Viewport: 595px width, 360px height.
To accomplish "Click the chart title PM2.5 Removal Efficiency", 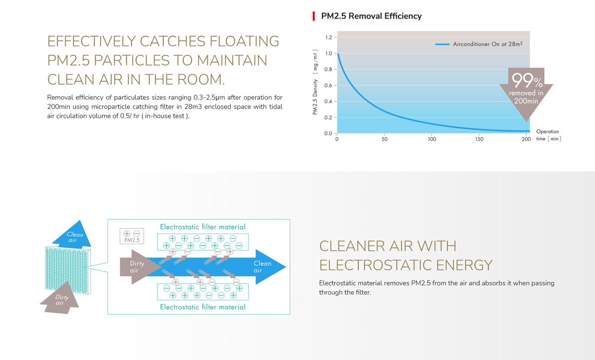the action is point(371,16).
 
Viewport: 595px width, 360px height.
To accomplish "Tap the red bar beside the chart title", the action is point(314,16).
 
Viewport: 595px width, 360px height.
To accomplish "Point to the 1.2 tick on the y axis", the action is point(329,38).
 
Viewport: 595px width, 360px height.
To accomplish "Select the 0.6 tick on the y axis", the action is point(328,85).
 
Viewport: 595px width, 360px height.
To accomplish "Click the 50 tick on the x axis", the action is point(384,139).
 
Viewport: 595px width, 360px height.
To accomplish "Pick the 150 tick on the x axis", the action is point(479,139).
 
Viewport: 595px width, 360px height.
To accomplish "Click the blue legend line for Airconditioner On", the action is point(442,44).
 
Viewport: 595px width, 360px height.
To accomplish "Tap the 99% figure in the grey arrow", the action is point(527,80).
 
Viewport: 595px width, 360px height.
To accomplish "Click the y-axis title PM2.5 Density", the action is point(315,97).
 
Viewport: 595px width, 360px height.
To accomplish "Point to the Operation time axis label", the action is point(549,135).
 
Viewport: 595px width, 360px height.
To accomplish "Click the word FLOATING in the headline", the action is point(245,41).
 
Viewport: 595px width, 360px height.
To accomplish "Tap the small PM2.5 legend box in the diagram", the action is point(132,236).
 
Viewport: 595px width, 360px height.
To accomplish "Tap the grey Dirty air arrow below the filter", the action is point(60,299).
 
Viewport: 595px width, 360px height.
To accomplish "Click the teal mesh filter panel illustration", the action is point(68,270).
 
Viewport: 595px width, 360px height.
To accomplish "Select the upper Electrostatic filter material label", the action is point(203,227).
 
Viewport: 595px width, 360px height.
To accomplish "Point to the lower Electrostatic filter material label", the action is point(203,307).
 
